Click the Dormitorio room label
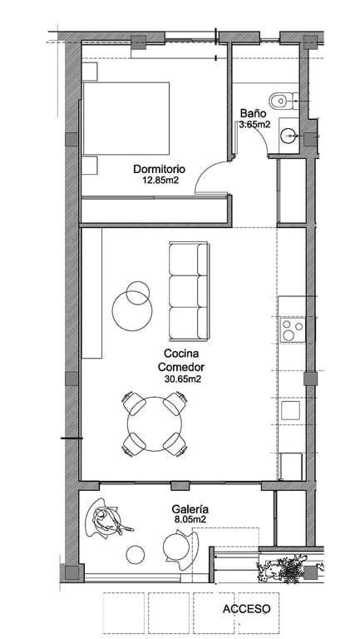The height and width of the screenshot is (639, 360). point(160,169)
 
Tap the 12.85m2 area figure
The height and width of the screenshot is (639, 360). point(160,180)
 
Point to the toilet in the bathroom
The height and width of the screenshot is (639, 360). point(284,100)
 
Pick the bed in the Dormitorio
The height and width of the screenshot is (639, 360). point(126,118)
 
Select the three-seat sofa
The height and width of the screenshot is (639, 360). point(189,291)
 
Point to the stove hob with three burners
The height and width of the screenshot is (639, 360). point(293,330)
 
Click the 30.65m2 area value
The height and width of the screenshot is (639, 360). point(181,379)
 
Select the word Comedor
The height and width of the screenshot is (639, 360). point(180,367)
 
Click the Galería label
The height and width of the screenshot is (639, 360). point(190,509)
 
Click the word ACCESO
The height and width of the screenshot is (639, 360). point(246,609)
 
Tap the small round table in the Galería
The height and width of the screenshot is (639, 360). point(136,555)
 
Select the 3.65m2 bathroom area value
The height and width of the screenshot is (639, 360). point(254,125)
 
